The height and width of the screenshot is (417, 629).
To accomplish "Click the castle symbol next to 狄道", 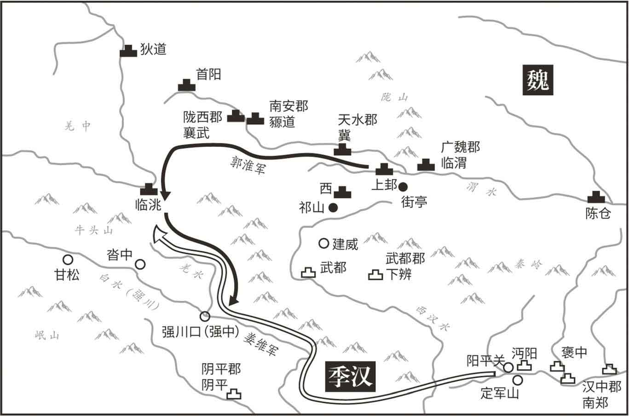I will tap(128, 51).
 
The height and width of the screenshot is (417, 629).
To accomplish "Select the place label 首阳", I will tap(208, 74).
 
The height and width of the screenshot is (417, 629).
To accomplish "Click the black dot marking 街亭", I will tap(403, 186).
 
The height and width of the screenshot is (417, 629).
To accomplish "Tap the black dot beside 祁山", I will tap(334, 208).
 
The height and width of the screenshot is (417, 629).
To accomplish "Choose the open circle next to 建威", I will tap(323, 243).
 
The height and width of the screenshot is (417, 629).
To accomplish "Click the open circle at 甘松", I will tap(68, 260).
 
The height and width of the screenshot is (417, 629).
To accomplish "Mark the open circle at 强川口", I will tap(205, 316).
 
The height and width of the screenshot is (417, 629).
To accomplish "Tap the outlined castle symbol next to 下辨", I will tap(375, 275).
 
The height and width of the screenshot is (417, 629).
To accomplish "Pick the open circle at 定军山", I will tap(518, 380).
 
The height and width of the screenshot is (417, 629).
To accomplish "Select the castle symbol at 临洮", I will tap(149, 189).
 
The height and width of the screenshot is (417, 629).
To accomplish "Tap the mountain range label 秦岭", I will tap(529, 264).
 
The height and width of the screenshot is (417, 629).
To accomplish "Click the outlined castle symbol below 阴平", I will tap(235, 394).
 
